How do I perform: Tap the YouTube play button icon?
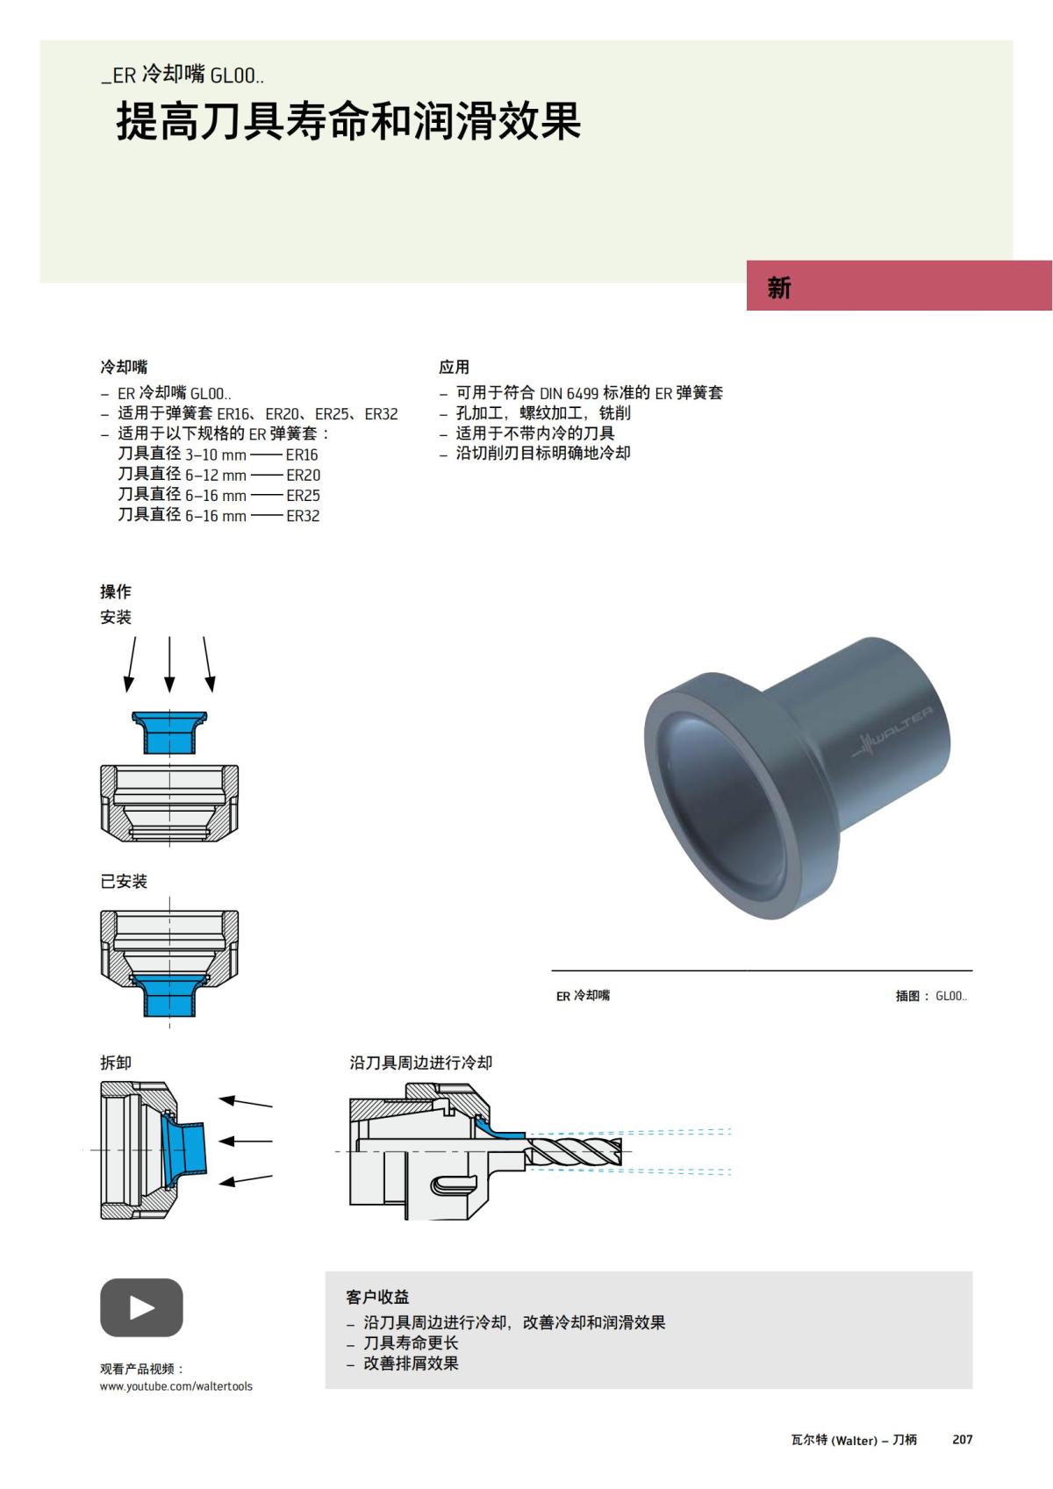tap(141, 1307)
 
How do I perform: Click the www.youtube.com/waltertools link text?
tap(175, 1386)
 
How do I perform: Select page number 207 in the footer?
tap(963, 1440)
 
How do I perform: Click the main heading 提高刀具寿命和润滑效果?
tap(348, 121)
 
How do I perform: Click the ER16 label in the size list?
tap(302, 455)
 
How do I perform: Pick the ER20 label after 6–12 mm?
tap(303, 475)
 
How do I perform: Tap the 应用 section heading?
tap(455, 367)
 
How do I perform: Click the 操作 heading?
tap(115, 591)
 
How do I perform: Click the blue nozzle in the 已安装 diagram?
tap(169, 995)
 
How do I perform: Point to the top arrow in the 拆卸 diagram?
tap(245, 1102)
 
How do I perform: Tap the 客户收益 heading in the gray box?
tap(377, 1297)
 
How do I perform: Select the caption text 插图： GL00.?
tap(930, 996)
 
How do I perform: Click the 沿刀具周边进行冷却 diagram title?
tap(421, 1063)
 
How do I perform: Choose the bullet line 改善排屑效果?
tap(411, 1364)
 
